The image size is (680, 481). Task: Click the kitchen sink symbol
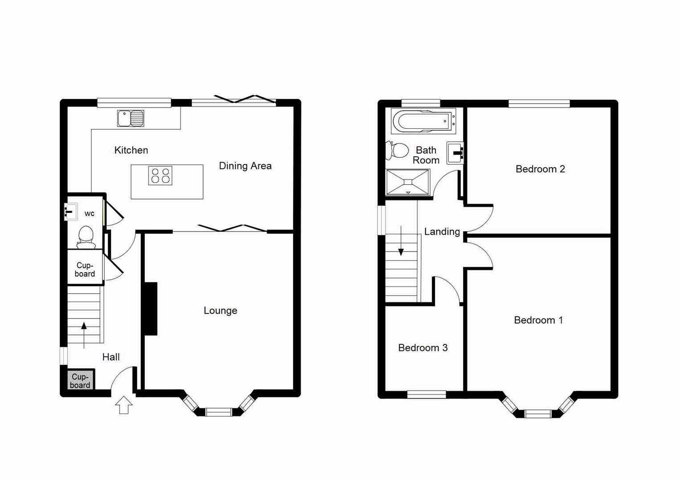pyautogui.click(x=131, y=118)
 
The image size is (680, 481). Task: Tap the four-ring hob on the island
pyautogui.click(x=160, y=175)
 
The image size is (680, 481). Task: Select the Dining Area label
pyautogui.click(x=245, y=166)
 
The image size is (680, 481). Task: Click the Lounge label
pyautogui.click(x=220, y=310)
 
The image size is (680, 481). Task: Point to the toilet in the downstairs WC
pyautogui.click(x=86, y=237)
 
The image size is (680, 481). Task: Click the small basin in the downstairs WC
pyautogui.click(x=71, y=212)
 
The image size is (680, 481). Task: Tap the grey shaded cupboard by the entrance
pyautogui.click(x=81, y=381)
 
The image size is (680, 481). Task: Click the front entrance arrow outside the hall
pyautogui.click(x=124, y=405)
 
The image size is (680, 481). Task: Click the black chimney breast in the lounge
pyautogui.click(x=151, y=308)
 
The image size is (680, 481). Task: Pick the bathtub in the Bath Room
pyautogui.click(x=423, y=121)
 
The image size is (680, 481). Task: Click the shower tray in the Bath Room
pyautogui.click(x=408, y=182)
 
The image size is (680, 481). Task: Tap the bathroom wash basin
pyautogui.click(x=455, y=153)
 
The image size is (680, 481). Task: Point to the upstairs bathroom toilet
pyautogui.click(x=397, y=151)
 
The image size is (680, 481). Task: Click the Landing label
pyautogui.click(x=442, y=232)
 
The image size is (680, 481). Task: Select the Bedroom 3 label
pyautogui.click(x=422, y=348)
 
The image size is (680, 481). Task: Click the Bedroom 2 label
pyautogui.click(x=540, y=169)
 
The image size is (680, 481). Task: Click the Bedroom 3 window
pyautogui.click(x=426, y=394)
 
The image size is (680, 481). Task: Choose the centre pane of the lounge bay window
pyautogui.click(x=218, y=412)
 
